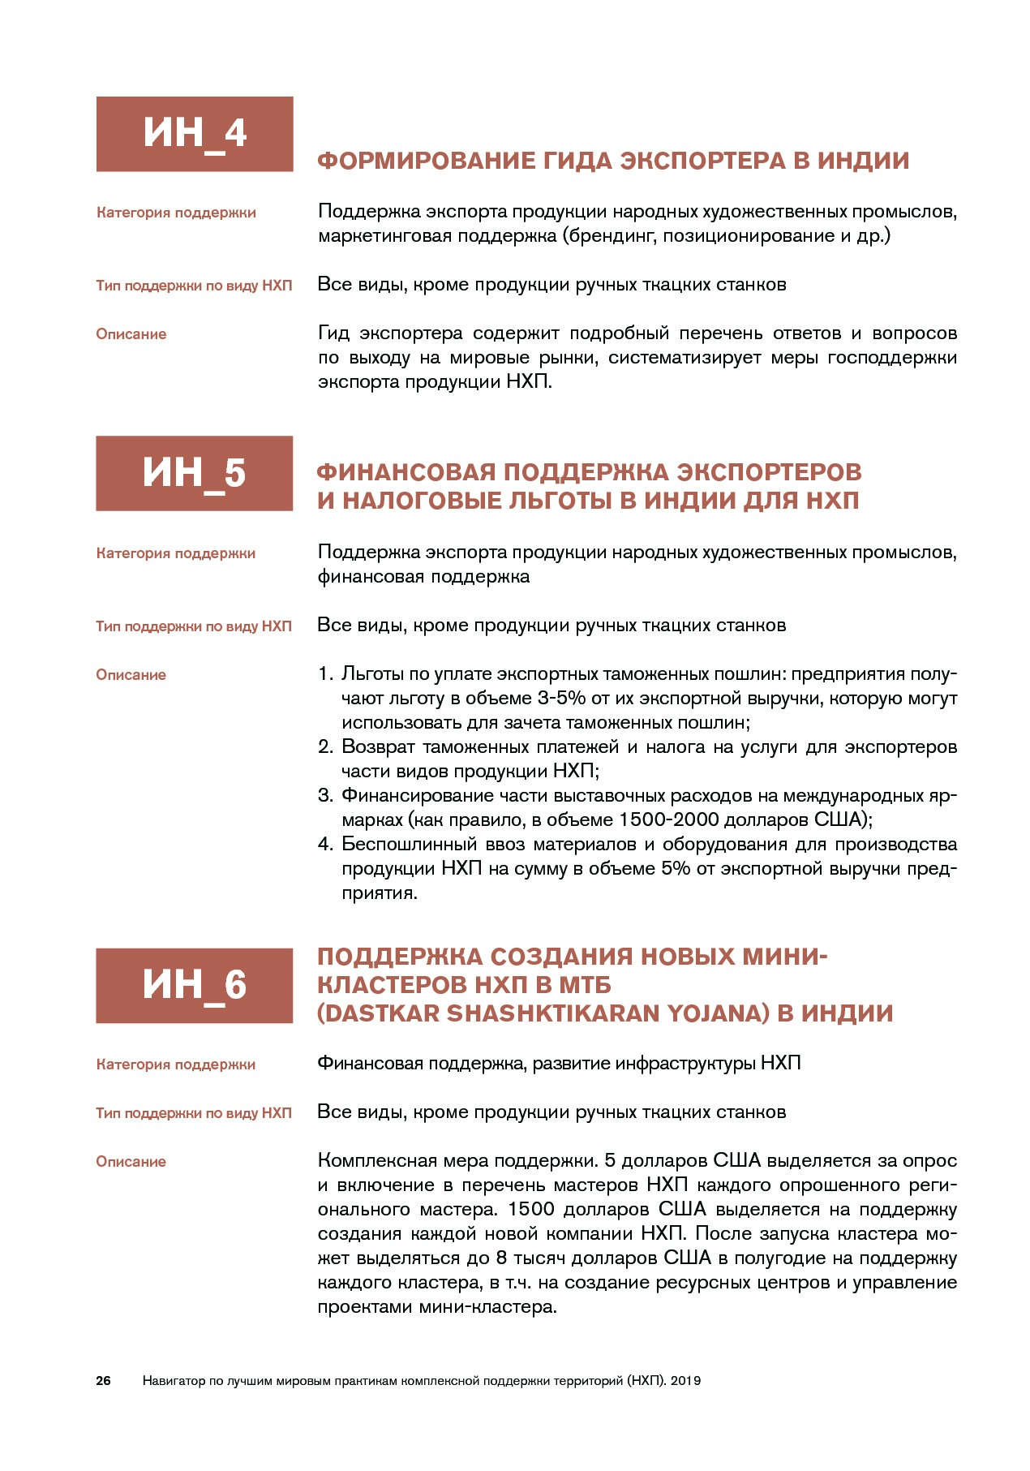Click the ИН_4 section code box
(194, 134)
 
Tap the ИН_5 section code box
(194, 473)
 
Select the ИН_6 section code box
(194, 985)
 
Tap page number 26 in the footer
(103, 1380)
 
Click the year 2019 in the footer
(686, 1380)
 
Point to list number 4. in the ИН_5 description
(325, 845)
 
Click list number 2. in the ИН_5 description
(325, 747)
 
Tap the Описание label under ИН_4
(131, 334)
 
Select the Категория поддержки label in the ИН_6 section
(176, 1065)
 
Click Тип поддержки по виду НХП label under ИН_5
(194, 626)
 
